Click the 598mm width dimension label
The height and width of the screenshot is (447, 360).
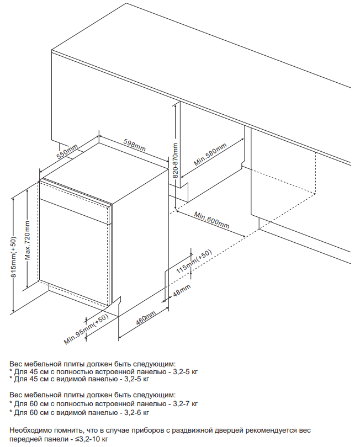[134, 145]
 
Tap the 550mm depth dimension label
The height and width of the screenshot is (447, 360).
[67, 152]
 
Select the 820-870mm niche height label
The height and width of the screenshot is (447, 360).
[176, 161]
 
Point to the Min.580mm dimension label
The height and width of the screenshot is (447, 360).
[210, 155]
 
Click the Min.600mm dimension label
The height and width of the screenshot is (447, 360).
[211, 220]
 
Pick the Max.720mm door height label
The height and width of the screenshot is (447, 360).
[28, 240]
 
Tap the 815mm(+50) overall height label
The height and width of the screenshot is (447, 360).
[14, 257]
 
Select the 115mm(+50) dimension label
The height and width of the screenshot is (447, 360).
[194, 262]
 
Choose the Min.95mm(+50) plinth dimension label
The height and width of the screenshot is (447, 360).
[86, 329]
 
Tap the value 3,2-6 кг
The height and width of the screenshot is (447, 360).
[136, 412]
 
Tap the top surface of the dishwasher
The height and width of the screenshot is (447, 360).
[104, 173]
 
